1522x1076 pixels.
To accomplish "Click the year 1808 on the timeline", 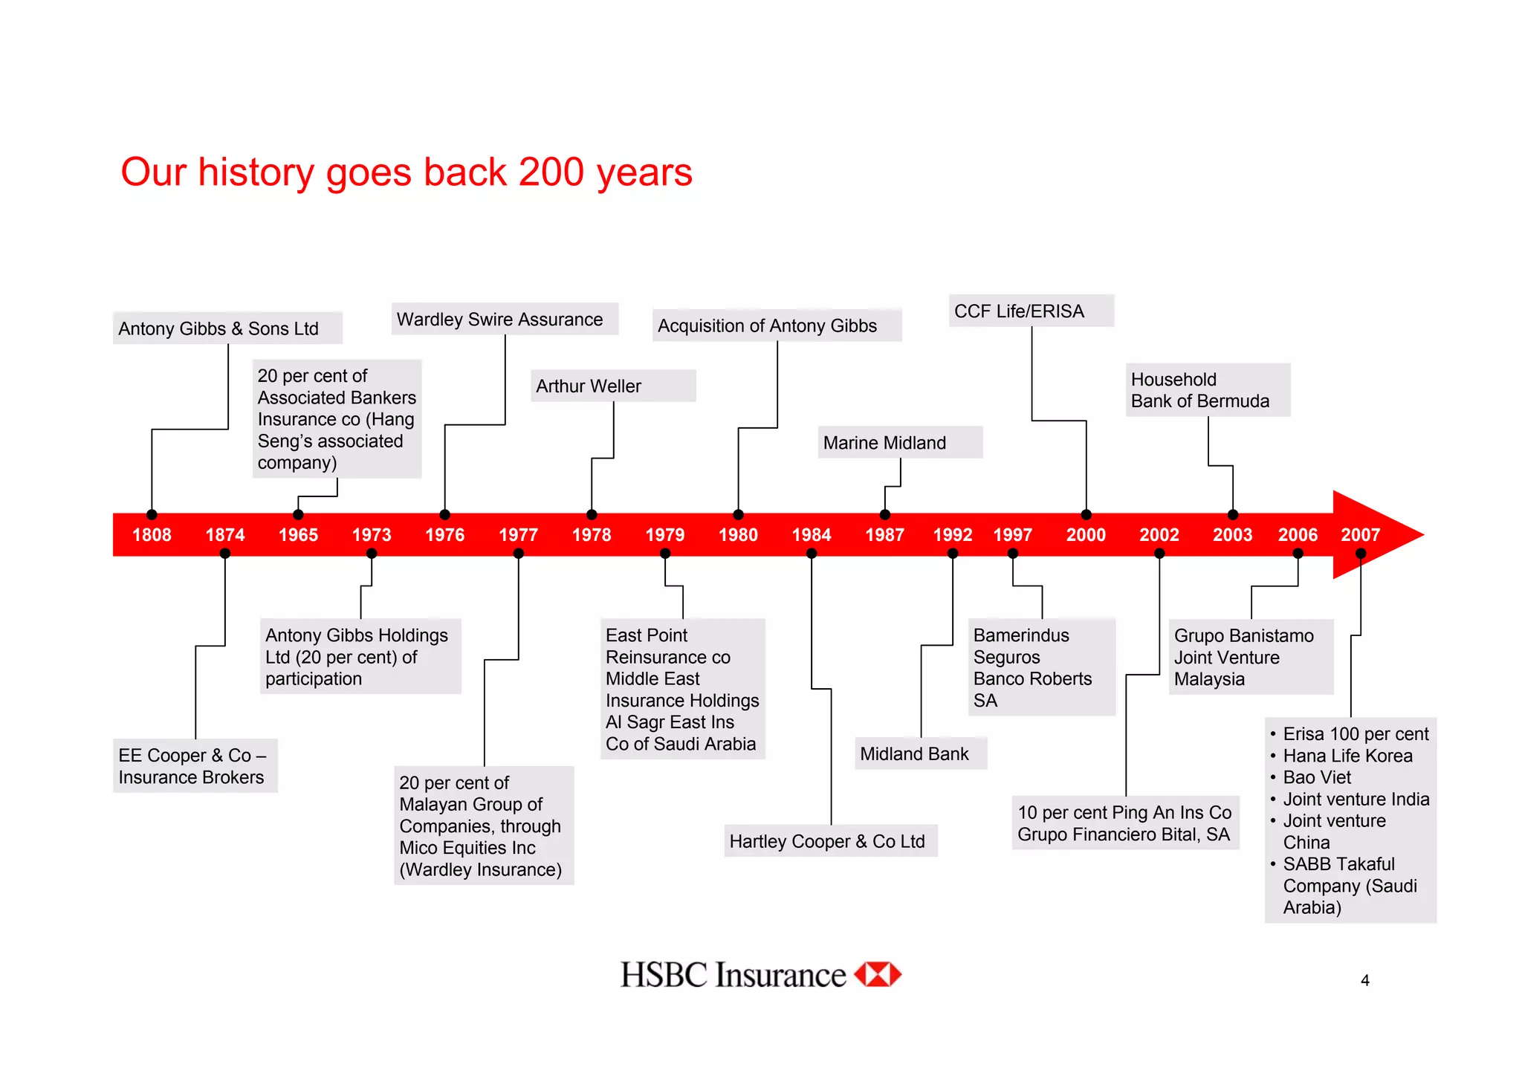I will (x=152, y=535).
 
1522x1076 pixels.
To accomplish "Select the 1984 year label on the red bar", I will (x=811, y=535).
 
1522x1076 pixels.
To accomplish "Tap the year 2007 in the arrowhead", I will (x=1360, y=535).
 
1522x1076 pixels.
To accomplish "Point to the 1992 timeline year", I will (x=952, y=535).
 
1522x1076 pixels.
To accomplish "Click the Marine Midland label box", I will (x=899, y=443).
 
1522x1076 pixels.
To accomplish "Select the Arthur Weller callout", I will (x=612, y=386).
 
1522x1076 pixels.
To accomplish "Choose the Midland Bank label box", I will (x=920, y=754).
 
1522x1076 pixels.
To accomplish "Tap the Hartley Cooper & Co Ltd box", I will (x=830, y=841).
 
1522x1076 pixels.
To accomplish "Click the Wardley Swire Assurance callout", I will (x=504, y=320).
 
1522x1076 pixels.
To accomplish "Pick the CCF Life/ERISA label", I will (x=1030, y=311).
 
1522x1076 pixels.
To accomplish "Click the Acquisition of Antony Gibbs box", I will (x=776, y=325).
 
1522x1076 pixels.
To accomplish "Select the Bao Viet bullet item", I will (x=1317, y=777).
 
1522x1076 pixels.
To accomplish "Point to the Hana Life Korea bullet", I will (x=1347, y=756).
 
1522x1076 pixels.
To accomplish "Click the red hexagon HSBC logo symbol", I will (x=878, y=974).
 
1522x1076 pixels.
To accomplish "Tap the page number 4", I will (x=1364, y=981).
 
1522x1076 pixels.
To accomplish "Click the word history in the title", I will (x=256, y=173).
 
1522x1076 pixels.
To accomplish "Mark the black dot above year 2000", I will (x=1086, y=515).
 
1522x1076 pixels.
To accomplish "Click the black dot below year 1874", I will (x=225, y=554).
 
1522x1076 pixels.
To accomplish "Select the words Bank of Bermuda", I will (x=1199, y=401).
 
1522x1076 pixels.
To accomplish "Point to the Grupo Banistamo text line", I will (x=1243, y=636).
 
